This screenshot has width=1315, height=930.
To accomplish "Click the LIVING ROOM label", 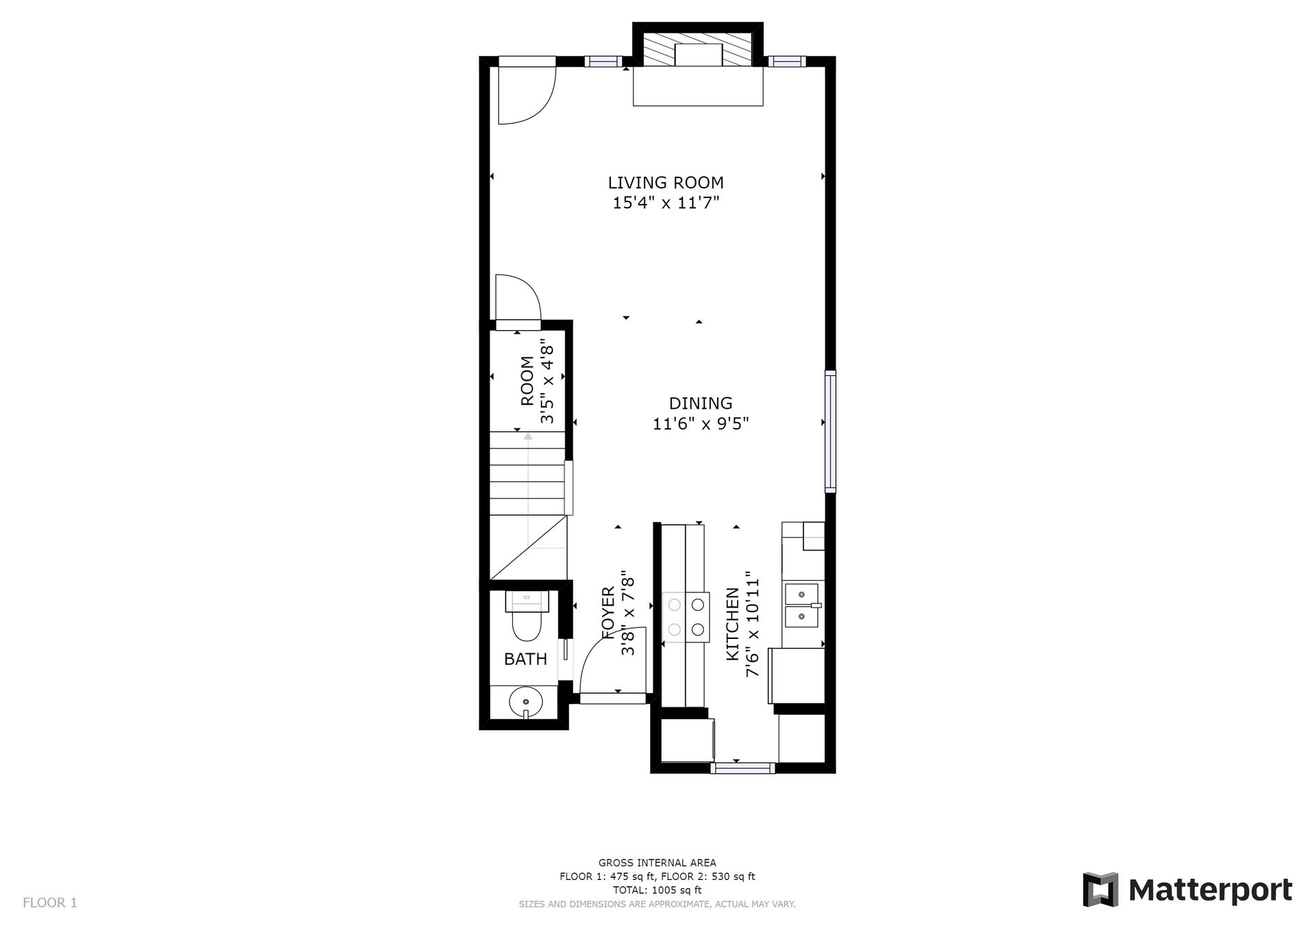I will pos(665,183).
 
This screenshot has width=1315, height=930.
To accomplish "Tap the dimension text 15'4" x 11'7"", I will pos(665,203).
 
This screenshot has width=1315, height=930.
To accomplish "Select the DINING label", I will pos(700,403).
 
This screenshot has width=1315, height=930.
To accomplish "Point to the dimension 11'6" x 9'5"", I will pos(700,425).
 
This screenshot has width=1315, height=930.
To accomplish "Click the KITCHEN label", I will pos(732,624).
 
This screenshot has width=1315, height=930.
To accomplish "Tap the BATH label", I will pos(525,659).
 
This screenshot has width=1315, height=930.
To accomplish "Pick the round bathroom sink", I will pos(526,702).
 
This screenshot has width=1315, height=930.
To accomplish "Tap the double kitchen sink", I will pos(802,605).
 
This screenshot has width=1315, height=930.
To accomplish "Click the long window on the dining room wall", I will pos(830,431).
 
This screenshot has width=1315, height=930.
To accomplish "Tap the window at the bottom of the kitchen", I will pos(742,768).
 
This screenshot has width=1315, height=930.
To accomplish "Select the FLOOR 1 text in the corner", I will pos(50,903).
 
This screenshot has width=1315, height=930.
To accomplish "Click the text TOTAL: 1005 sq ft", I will pos(657,890).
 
